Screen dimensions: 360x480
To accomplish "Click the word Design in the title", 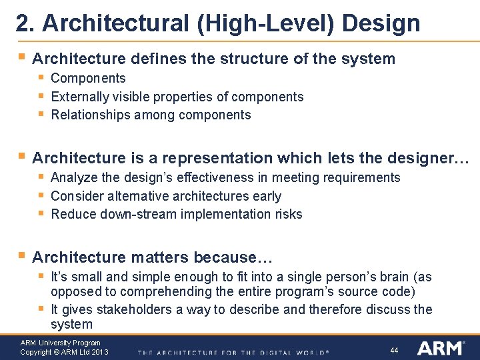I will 381,23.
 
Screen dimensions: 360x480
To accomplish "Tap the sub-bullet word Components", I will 88,78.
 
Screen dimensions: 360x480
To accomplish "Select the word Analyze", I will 73,177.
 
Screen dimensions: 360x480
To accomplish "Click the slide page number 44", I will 394,350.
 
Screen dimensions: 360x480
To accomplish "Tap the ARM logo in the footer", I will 440,349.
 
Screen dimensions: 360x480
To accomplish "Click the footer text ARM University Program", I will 60,343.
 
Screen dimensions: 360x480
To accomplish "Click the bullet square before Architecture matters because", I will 22,255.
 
